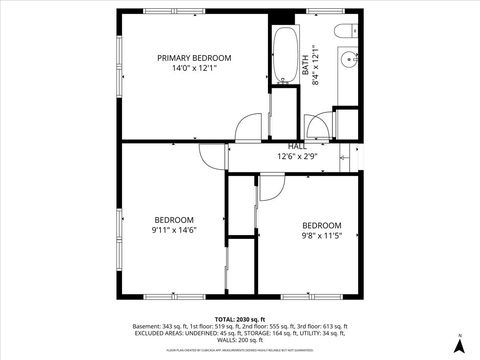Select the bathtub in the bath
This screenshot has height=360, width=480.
coord(284,55)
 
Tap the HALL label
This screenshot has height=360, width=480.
coord(297,146)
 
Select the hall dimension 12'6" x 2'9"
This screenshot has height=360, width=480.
coord(297,157)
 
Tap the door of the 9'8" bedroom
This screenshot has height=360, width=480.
coord(272,186)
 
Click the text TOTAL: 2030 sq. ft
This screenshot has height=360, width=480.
coord(239,319)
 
